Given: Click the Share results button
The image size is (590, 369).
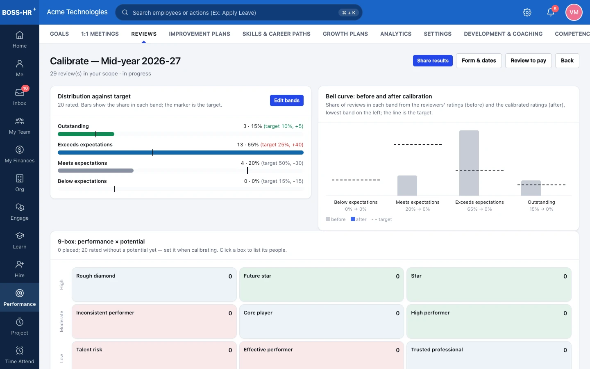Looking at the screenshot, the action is tap(433, 61).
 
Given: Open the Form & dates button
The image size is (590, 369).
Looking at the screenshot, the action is tap(479, 61).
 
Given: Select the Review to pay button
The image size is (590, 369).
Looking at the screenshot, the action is tap(528, 61).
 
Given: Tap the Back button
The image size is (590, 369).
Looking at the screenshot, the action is tap(567, 61).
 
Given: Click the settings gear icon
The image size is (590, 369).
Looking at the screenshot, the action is tap(527, 12).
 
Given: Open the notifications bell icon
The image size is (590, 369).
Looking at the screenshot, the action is tap(550, 12).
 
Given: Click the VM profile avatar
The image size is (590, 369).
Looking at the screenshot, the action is tap(574, 12).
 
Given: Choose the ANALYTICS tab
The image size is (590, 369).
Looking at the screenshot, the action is tap(396, 34).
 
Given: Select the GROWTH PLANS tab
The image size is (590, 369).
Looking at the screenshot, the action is tap(345, 34).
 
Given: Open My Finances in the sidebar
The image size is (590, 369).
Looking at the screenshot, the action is tap(20, 154).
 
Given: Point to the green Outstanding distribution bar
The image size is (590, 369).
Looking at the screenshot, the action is tap(86, 134).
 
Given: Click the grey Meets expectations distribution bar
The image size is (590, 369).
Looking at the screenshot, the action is tap(95, 171).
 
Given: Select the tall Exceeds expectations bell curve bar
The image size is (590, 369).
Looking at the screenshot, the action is tap(469, 163).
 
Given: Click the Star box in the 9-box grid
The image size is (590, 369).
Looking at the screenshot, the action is tap(488, 285).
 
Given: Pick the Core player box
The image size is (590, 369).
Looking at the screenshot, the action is tap(321, 321).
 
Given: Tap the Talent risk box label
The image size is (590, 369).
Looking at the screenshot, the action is tap(89, 349).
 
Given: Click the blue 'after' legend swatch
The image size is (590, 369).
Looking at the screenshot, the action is tap(352, 219).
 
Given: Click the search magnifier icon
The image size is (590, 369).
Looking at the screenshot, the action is tap(125, 12).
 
